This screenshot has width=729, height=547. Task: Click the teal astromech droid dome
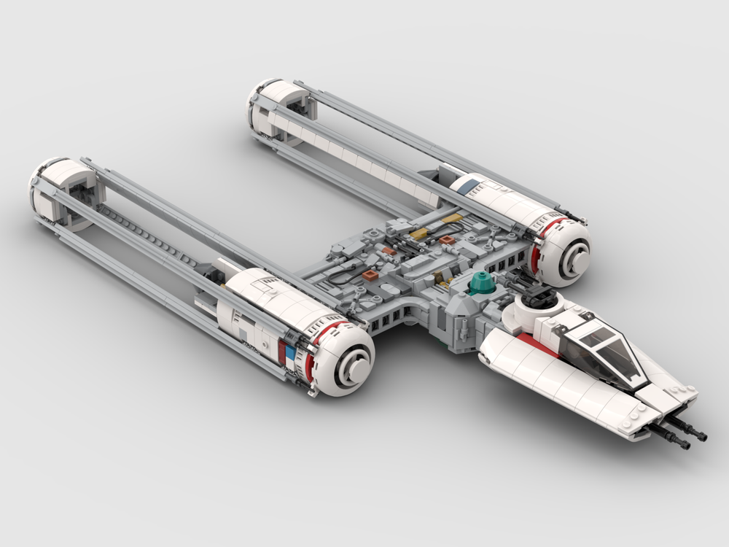pyautogui.click(x=480, y=282)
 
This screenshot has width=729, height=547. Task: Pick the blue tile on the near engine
pyautogui.click(x=290, y=354)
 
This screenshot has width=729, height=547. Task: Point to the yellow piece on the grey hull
pyautogui.click(x=421, y=234)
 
